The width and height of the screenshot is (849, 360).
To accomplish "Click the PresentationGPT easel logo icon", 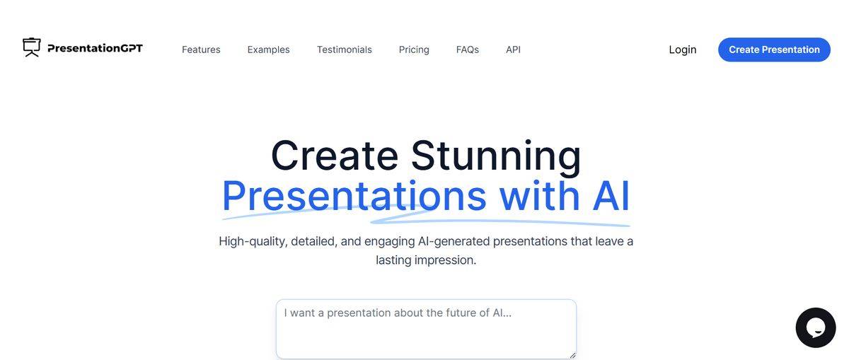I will click(32, 47).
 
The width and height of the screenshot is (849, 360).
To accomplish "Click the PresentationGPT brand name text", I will click(95, 48).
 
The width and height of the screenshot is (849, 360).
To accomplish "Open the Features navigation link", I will click(201, 50).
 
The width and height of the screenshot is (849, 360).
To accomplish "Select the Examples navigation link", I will click(268, 50).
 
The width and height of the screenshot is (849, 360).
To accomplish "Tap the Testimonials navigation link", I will click(344, 50).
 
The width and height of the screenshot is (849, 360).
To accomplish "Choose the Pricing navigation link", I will click(414, 50).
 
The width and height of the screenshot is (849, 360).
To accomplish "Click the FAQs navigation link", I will click(467, 50).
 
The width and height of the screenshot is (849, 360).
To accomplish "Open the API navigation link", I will click(513, 50).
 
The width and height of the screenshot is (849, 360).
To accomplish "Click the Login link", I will click(683, 50).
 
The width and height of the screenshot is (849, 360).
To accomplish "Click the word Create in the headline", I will click(334, 156).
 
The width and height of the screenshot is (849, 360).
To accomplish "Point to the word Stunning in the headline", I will click(495, 156).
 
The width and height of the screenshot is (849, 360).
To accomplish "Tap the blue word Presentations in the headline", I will click(354, 196).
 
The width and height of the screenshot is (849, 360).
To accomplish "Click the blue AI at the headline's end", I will click(611, 196).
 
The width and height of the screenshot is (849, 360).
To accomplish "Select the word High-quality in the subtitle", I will click(253, 241).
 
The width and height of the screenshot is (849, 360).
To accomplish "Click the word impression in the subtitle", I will click(445, 260).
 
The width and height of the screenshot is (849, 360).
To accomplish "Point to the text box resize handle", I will click(572, 355).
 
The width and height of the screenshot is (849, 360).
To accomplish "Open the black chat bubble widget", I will click(815, 327).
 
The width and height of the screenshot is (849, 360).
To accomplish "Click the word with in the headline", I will click(539, 196).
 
